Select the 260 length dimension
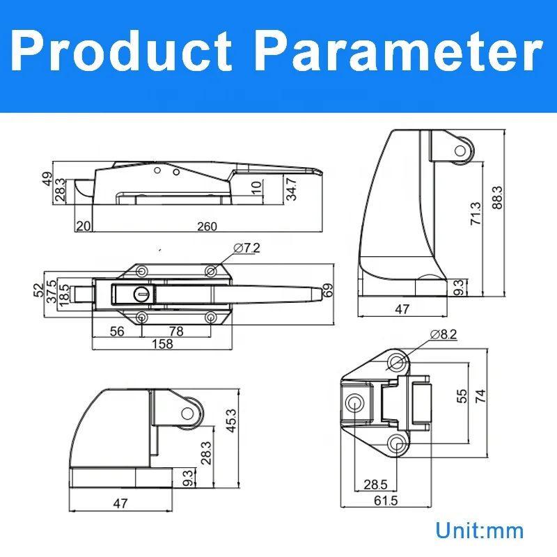[x=207, y=226]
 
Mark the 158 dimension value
[x=164, y=345]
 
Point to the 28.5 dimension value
[x=370, y=484]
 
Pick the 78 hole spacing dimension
[x=177, y=332]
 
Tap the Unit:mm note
[x=479, y=531]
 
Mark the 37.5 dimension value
[x=51, y=292]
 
